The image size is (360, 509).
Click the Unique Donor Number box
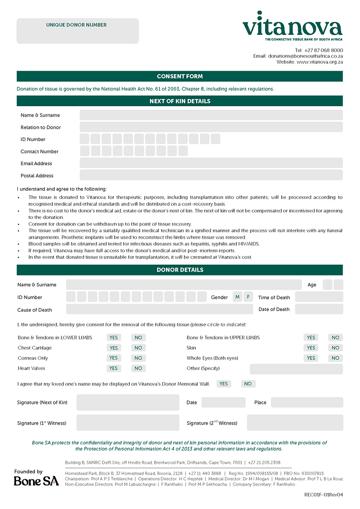(77, 31)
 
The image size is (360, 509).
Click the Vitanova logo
(292, 26)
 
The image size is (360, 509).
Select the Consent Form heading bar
(180, 76)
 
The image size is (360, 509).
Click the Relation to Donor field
(211, 127)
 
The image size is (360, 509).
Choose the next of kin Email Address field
(211, 163)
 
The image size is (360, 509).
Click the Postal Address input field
(211, 175)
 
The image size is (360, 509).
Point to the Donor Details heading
(180, 270)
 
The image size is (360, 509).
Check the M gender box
(237, 297)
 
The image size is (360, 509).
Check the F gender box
(248, 297)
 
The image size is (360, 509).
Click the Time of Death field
(319, 297)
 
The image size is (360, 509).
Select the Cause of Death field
(159, 309)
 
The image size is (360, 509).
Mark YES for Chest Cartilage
(114, 348)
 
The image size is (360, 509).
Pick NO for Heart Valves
(138, 368)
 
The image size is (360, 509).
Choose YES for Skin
(311, 348)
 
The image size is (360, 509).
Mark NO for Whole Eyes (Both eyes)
(335, 358)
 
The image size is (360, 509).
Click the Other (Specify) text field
(296, 369)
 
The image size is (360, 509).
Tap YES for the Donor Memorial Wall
(224, 384)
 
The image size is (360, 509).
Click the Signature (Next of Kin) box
(128, 403)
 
